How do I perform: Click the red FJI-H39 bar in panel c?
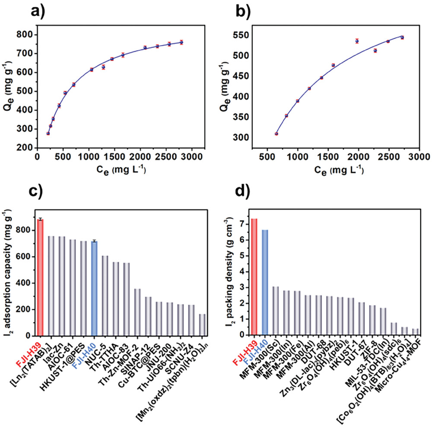40,277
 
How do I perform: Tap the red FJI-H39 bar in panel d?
254,277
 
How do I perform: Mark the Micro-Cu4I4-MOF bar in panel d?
415,331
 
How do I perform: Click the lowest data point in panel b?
276,134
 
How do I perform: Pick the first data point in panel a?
48,133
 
